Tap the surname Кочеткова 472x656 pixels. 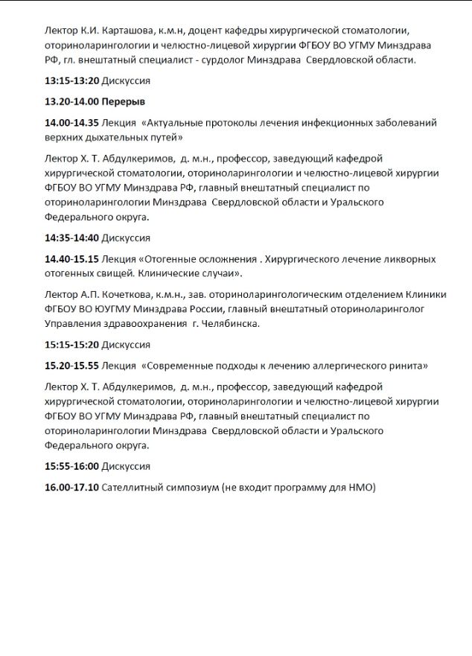tap(111, 294)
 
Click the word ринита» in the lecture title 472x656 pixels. tap(409, 366)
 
